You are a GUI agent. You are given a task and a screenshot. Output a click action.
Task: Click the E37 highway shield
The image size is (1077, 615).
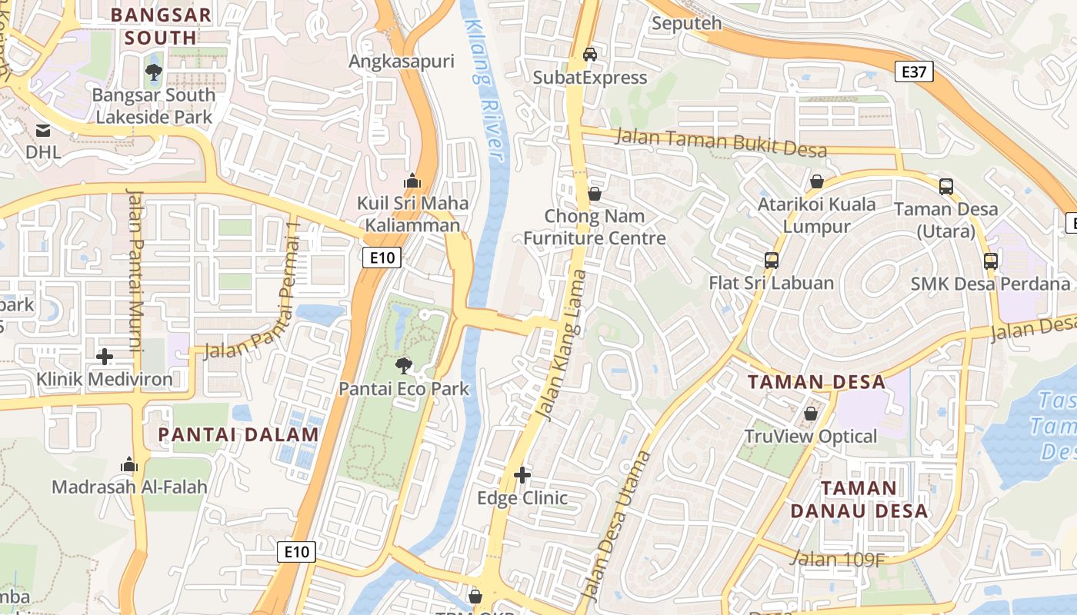[x=914, y=72]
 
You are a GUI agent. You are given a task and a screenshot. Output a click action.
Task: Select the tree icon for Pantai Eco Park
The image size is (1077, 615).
[x=403, y=366]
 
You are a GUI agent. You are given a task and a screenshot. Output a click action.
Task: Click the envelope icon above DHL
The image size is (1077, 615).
[x=43, y=131]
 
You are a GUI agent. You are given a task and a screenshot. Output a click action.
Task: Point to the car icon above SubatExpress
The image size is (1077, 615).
[x=590, y=55]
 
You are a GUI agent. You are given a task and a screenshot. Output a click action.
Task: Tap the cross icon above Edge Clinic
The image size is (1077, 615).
[x=522, y=475]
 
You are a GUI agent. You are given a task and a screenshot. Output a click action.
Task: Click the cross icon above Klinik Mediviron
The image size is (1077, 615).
[x=105, y=357]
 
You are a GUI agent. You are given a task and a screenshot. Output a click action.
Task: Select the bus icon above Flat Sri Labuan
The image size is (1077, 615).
[x=772, y=260]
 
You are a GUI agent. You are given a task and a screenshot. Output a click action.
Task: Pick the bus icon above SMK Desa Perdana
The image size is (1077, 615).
[x=991, y=261]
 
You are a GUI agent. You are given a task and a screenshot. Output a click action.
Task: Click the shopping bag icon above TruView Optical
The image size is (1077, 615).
[x=810, y=414]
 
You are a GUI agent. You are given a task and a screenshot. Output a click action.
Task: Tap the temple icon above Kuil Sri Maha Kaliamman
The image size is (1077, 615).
[x=412, y=181]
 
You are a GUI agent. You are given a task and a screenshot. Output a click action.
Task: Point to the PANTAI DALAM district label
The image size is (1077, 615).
[x=238, y=435]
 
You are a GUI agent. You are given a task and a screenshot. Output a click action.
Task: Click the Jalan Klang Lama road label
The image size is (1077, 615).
[x=561, y=346]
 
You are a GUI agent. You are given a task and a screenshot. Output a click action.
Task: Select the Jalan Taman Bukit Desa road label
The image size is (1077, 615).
[x=722, y=143]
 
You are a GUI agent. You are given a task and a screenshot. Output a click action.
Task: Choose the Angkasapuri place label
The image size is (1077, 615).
[x=402, y=61]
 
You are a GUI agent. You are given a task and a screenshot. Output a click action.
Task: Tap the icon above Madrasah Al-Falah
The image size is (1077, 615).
[x=129, y=464]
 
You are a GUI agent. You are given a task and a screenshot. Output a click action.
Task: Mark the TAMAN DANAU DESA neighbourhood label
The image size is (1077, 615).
[x=859, y=500]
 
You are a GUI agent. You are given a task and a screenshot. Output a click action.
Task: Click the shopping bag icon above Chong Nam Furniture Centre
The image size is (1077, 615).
[x=595, y=194]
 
